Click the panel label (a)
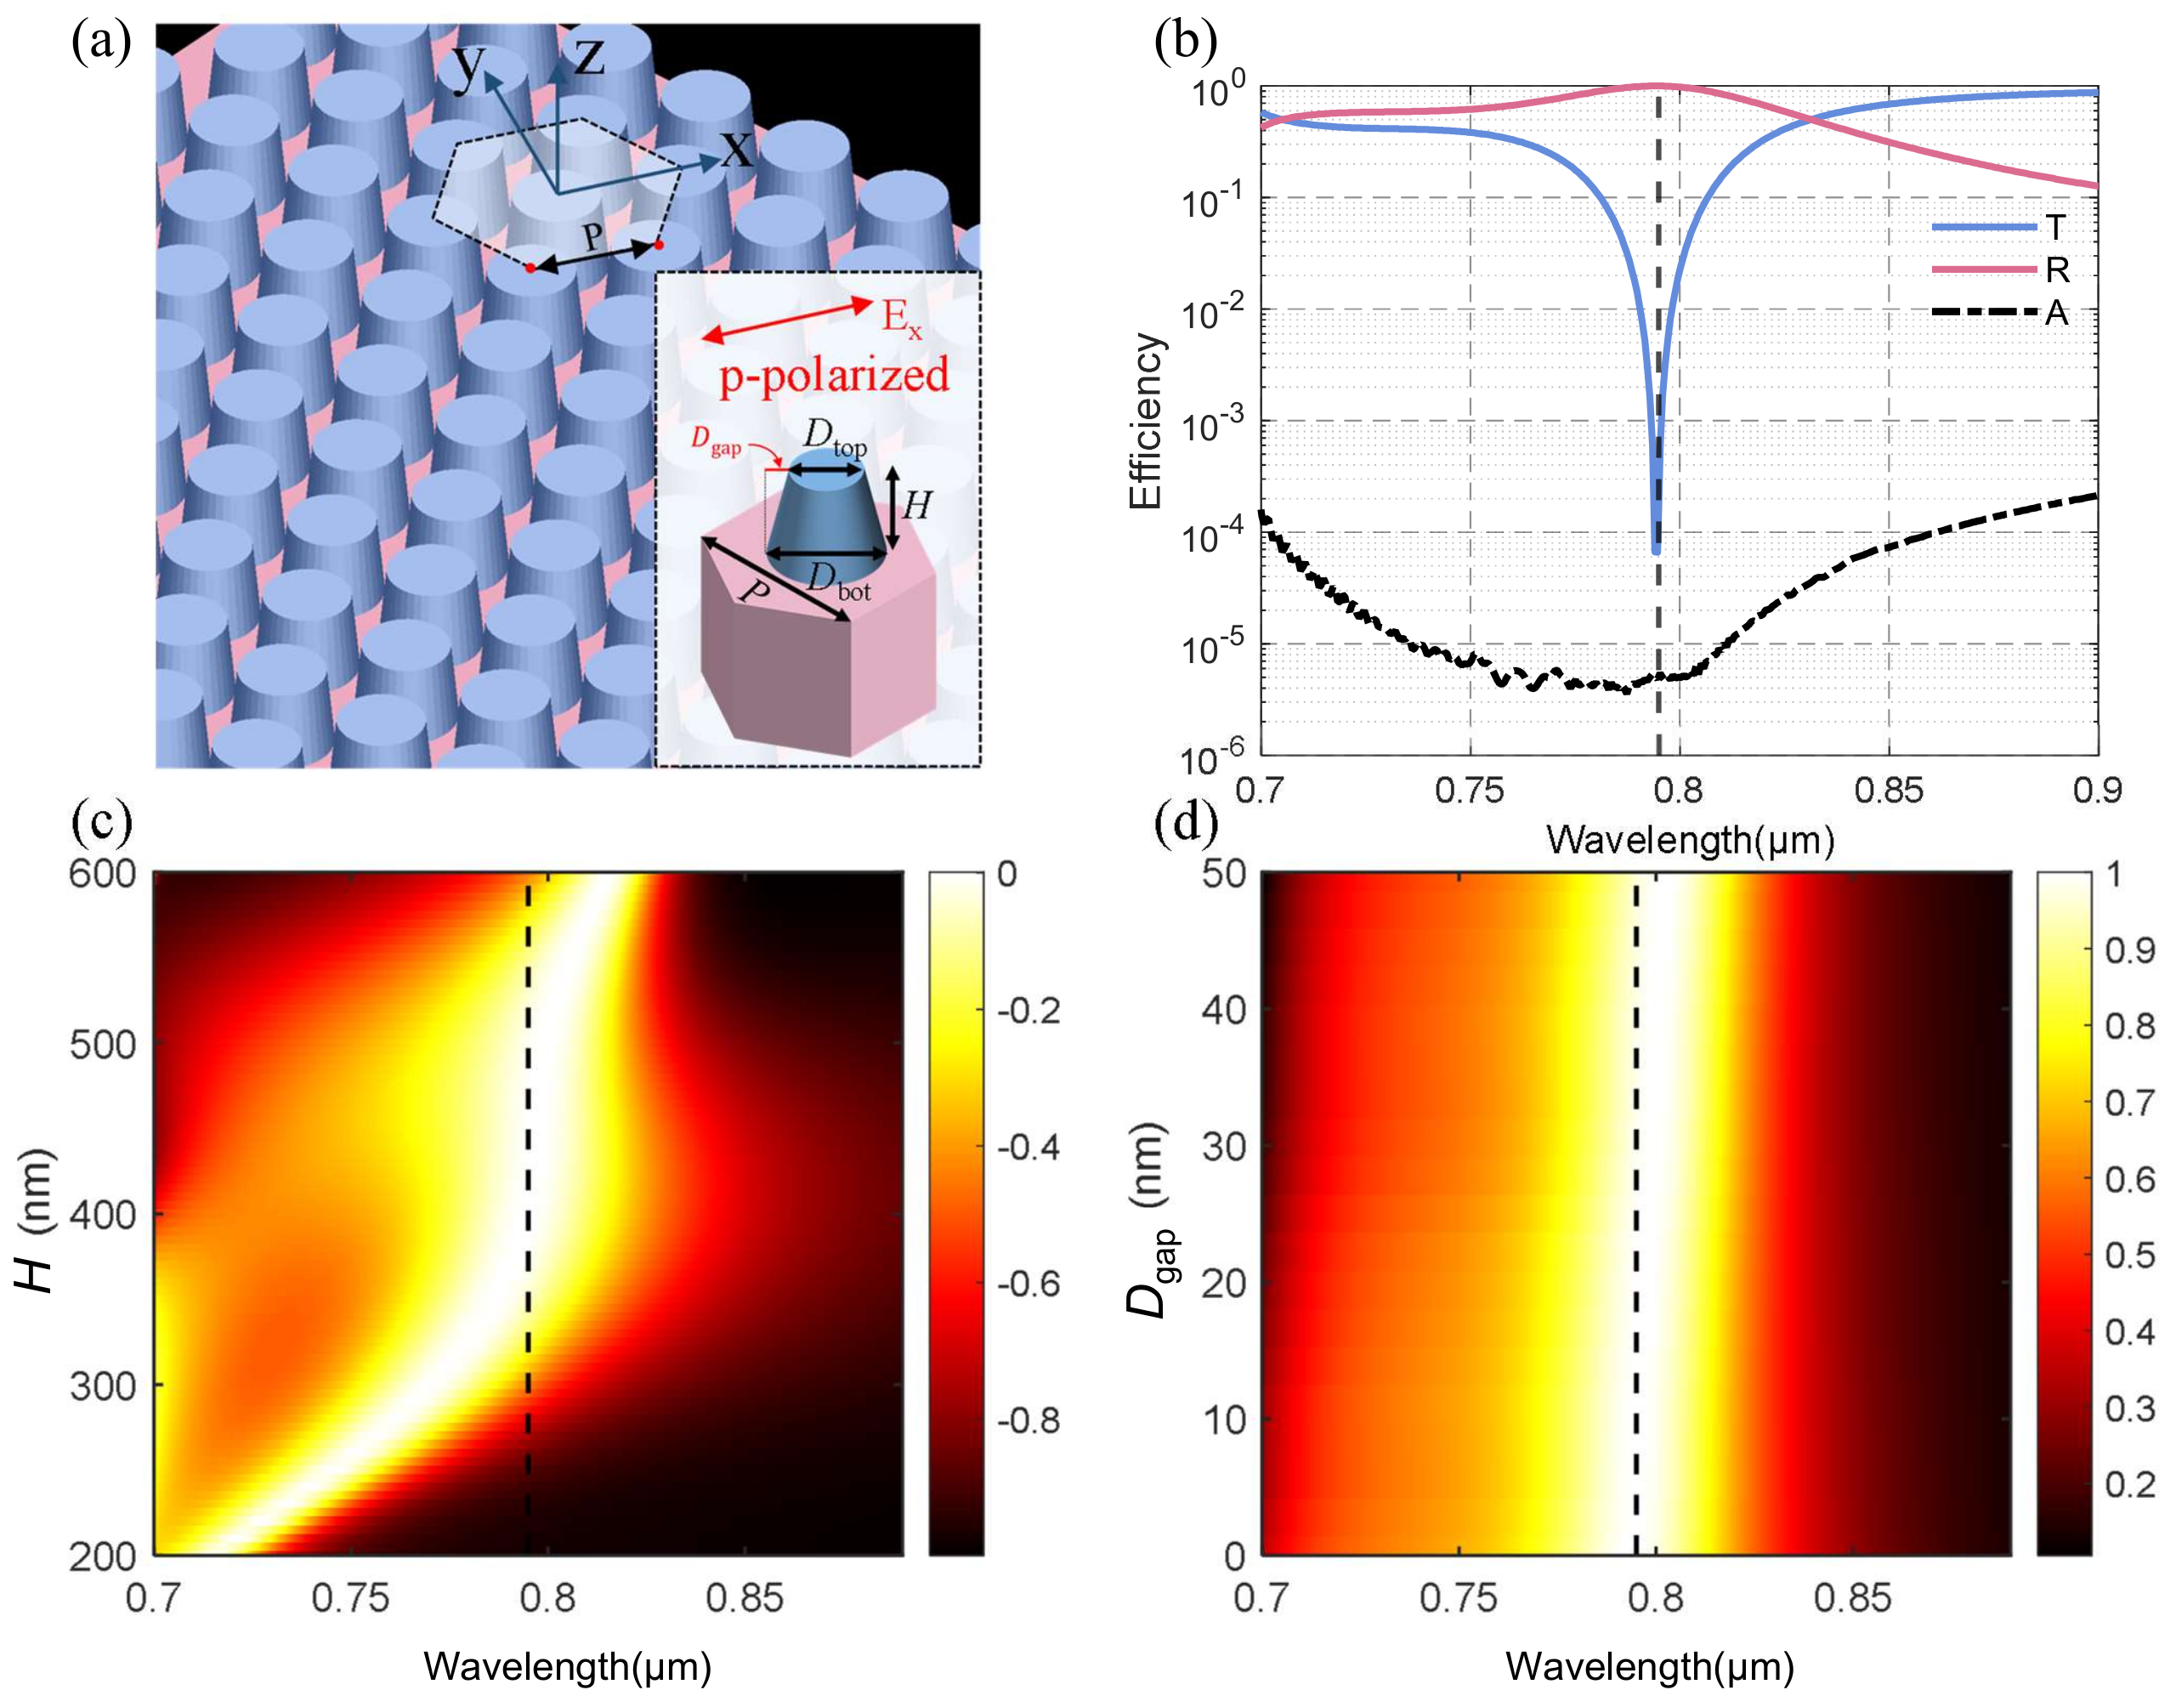tap(101, 43)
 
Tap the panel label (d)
tap(1185, 823)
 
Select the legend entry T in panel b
tap(2054, 228)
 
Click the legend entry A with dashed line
tap(2054, 314)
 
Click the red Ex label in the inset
tap(900, 317)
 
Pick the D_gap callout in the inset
tap(716, 440)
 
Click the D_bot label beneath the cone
tap(837, 581)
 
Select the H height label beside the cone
tap(915, 506)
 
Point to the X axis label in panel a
tap(736, 151)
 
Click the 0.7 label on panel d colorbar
tap(2129, 1103)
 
